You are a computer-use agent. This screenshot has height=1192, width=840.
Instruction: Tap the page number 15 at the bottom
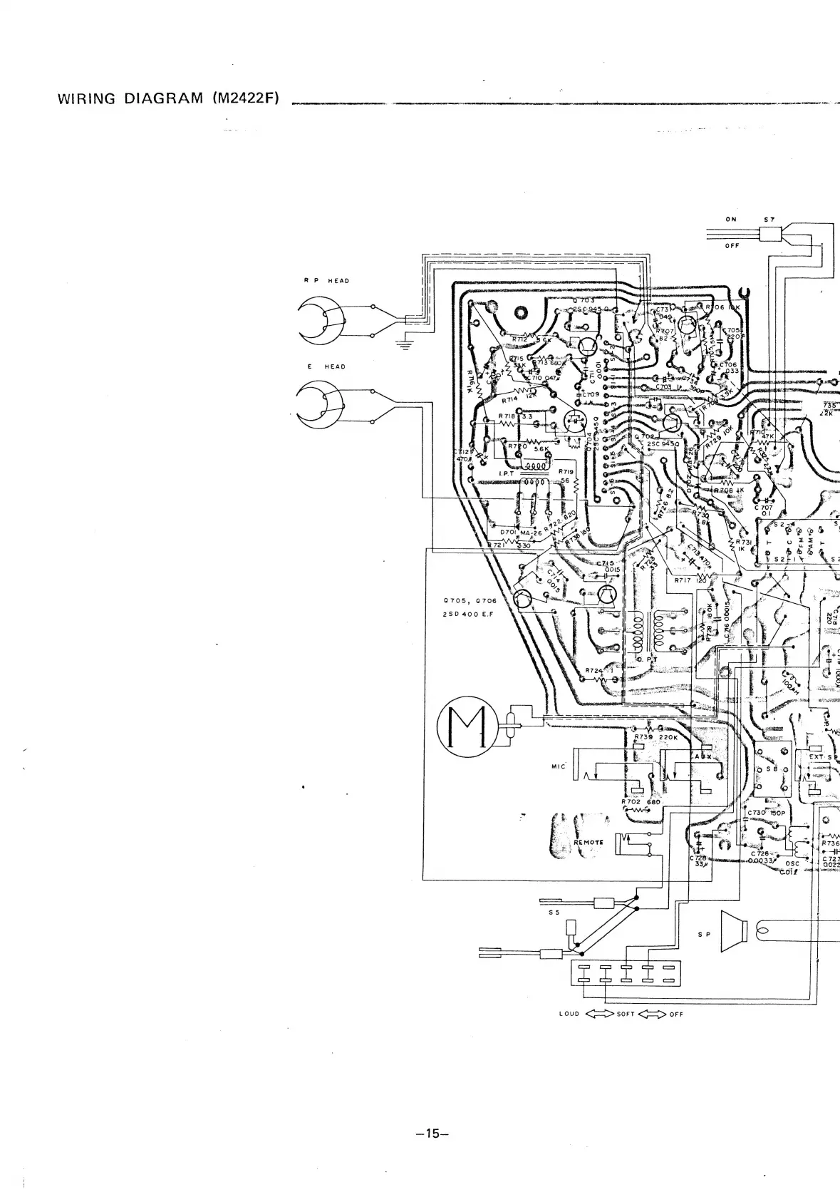tap(430, 1134)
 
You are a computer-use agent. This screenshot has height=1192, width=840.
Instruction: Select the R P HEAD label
tap(327, 281)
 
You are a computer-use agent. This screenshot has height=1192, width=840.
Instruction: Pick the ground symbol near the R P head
tap(407, 346)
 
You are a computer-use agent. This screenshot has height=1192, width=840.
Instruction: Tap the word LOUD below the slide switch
tap(569, 1014)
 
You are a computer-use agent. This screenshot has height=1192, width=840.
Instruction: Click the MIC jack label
tap(558, 766)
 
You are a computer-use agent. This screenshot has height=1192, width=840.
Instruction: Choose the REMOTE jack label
tap(588, 842)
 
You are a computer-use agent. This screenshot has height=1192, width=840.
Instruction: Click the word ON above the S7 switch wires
tap(731, 220)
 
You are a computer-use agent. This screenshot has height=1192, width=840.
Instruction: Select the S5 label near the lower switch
tap(554, 912)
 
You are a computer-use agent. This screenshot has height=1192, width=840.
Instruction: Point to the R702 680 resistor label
tap(641, 801)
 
